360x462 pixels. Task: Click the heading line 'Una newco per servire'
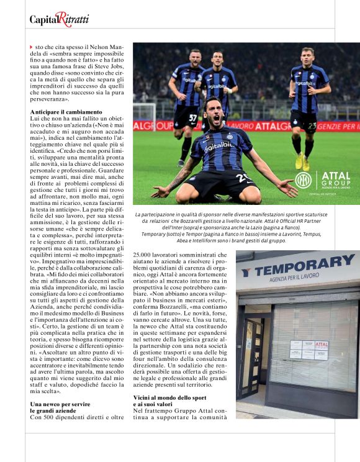point(60,404)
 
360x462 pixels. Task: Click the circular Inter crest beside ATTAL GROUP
point(303,180)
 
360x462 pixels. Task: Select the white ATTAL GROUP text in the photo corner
point(336,179)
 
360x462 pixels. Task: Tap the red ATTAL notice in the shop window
point(321,345)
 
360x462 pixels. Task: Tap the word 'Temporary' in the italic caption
point(157,233)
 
